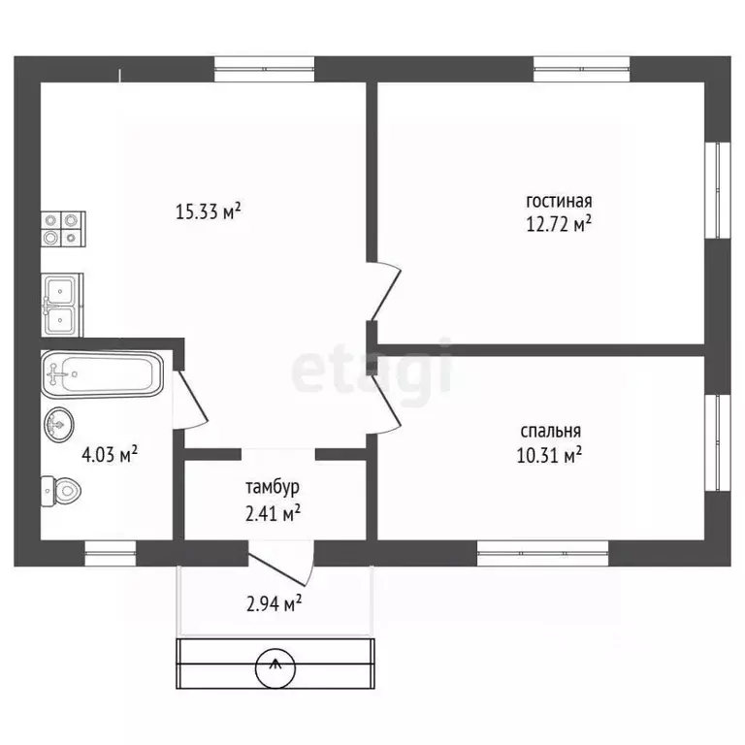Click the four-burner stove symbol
pyautogui.click(x=63, y=229)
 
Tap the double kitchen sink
pyautogui.click(x=62, y=305)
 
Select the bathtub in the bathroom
pyautogui.click(x=102, y=374)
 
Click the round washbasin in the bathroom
pyautogui.click(x=59, y=424)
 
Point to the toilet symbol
pyautogui.click(x=61, y=491)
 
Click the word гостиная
pyautogui.click(x=559, y=201)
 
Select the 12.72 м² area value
pyautogui.click(x=559, y=223)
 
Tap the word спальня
pyautogui.click(x=551, y=432)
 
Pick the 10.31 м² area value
pyautogui.click(x=549, y=455)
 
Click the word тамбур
pyautogui.click(x=273, y=488)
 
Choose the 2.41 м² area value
pyautogui.click(x=274, y=513)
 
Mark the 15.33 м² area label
pyautogui.click(x=209, y=211)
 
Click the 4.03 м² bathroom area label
pyautogui.click(x=110, y=455)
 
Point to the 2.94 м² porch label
pyautogui.click(x=275, y=604)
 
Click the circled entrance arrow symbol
pyautogui.click(x=275, y=668)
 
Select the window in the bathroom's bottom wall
pyautogui.click(x=111, y=554)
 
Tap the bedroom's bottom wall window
pyautogui.click(x=542, y=554)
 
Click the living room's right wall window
pyautogui.click(x=718, y=189)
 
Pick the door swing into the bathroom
pyautogui.click(x=190, y=400)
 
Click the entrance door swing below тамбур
pyautogui.click(x=281, y=564)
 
